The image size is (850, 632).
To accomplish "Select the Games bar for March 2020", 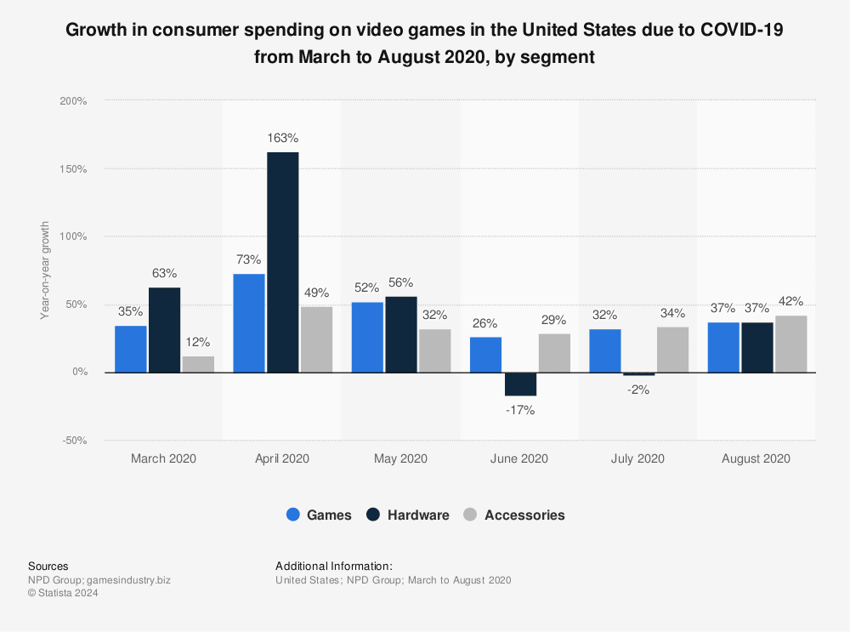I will [x=130, y=349].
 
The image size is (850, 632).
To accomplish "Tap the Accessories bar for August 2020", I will [x=790, y=344].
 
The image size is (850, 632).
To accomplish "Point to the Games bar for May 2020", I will [x=367, y=337].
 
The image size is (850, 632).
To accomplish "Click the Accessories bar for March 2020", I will [x=198, y=364].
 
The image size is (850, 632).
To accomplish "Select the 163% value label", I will [x=282, y=138].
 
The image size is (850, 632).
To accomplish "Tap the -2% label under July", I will [x=638, y=390].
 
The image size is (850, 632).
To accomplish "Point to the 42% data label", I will [x=790, y=301].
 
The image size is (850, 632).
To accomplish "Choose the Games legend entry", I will [x=319, y=515].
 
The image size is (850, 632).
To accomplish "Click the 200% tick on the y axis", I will [x=73, y=100].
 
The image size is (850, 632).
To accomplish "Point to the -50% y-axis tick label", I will [x=73, y=441].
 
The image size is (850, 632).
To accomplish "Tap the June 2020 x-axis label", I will [x=519, y=458].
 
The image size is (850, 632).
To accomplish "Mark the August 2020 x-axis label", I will [x=756, y=458].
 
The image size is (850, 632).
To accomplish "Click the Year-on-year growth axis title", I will [x=44, y=270].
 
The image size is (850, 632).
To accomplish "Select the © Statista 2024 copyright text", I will [x=63, y=594].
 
